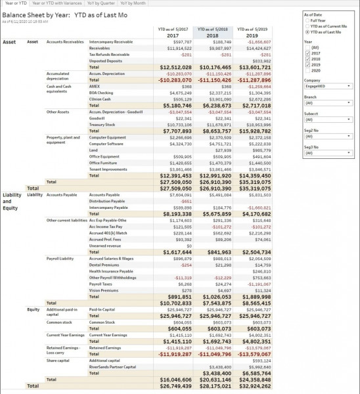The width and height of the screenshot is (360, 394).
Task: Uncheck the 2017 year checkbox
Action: (x=307, y=54)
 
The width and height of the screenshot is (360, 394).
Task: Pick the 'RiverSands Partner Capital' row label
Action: (x=112, y=366)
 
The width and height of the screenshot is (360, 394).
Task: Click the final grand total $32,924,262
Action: (x=252, y=386)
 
